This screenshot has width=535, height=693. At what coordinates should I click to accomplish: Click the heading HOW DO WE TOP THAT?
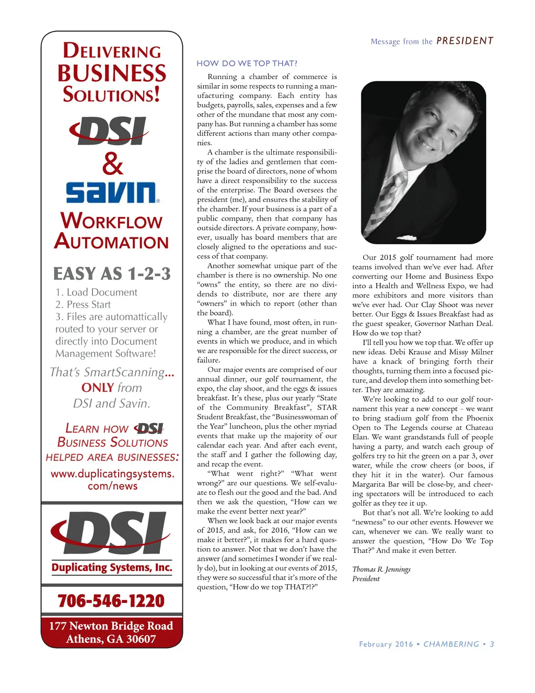pos(247,63)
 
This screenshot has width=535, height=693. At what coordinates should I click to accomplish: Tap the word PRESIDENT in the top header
pos(464,41)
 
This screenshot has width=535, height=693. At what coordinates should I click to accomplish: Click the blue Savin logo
pos(112,192)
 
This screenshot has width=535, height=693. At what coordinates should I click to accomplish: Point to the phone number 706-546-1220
pos(111,600)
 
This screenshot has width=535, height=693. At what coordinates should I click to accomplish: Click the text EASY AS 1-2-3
pos(112,274)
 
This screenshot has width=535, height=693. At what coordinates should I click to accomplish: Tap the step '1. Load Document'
pos(97,292)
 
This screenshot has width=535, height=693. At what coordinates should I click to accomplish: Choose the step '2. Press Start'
pos(84,304)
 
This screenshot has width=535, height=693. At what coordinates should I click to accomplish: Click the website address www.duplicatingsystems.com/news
pos(112,480)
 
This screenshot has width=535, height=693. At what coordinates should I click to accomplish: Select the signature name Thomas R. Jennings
pos(381,569)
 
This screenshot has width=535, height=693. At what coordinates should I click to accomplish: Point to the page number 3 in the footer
pos(492,644)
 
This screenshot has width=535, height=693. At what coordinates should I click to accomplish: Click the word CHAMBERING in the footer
pos(451,644)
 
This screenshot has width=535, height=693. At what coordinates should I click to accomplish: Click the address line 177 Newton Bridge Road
pos(111,626)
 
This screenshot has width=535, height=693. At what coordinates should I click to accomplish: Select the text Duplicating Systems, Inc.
pos(112,567)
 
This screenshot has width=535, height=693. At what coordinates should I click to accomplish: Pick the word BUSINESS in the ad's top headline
pos(112,73)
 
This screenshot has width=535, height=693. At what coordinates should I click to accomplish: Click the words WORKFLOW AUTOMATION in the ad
pos(112,231)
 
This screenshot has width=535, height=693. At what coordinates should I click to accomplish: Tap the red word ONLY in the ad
pos(98,388)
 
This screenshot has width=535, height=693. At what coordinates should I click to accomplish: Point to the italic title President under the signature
pos(366,579)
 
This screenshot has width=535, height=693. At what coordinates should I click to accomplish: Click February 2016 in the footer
pos(386,644)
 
